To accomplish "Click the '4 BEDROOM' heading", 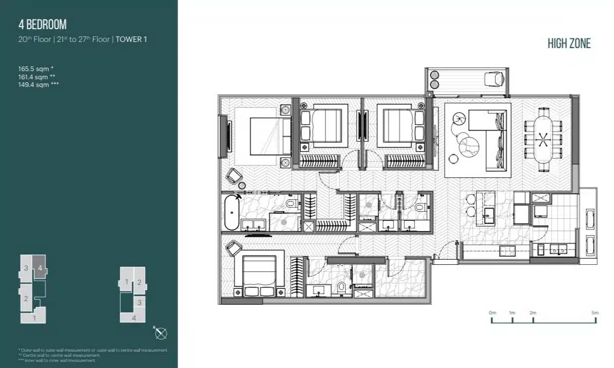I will point(42,24).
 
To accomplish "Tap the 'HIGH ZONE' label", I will point(569,43).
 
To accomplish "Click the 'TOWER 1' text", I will point(131,39).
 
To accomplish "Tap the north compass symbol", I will point(161,333).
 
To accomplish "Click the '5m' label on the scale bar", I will point(595,312).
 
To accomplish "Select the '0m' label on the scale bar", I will point(492,312).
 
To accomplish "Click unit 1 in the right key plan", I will point(126,282).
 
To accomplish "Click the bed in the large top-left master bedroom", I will point(267,135).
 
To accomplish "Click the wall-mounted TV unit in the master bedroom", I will point(224,136).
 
